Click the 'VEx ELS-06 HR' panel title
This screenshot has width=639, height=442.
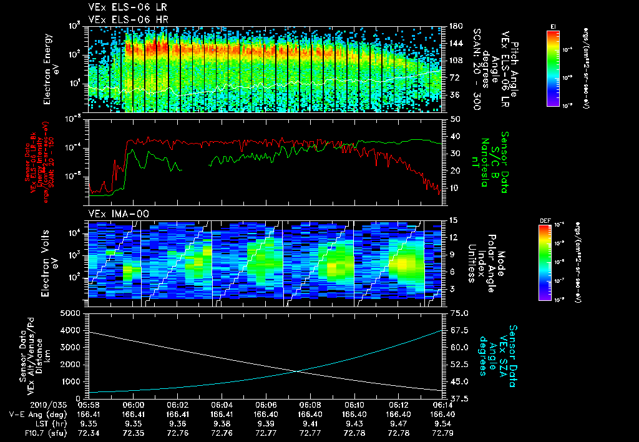click(124, 19)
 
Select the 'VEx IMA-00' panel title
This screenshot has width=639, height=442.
click(114, 214)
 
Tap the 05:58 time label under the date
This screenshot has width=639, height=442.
click(89, 404)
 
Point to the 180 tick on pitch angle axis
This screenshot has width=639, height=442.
click(455, 26)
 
